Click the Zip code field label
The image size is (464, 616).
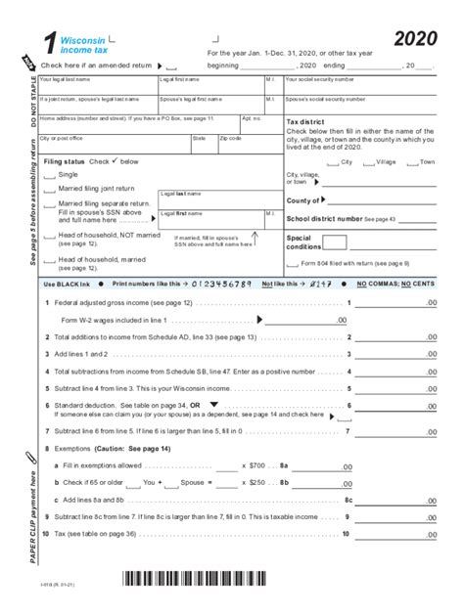click(231, 138)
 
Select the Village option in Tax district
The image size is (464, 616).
click(386, 161)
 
